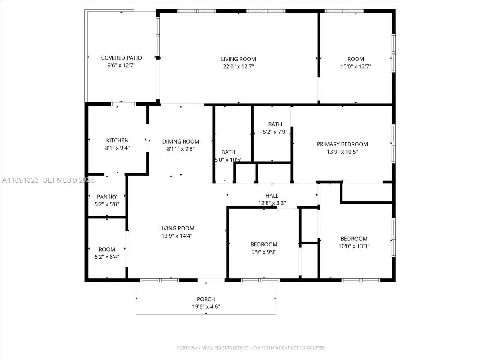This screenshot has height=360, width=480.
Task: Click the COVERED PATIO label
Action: click(121, 58)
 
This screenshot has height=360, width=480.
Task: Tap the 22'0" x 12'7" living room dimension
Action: click(238, 66)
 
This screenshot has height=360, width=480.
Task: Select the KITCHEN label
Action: click(117, 140)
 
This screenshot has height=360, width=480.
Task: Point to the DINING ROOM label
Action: click(181, 142)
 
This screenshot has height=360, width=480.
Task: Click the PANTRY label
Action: click(107, 197)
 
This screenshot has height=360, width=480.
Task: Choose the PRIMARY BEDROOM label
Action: click(342, 144)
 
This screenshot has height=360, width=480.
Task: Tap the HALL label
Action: click(272, 196)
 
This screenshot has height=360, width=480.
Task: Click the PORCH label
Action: click(206, 299)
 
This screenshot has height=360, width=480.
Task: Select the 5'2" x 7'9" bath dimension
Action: click(275, 132)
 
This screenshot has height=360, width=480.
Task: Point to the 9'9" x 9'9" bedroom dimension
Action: click(264, 252)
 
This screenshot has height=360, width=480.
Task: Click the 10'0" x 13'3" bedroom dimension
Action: click(354, 246)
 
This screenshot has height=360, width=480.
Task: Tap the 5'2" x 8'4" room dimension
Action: click(107, 257)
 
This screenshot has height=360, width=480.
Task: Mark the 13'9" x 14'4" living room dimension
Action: click(177, 236)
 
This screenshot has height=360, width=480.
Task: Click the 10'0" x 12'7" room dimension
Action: click(356, 66)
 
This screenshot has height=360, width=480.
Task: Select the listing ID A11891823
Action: click(20, 180)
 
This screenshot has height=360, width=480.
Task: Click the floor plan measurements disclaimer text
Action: click(251, 348)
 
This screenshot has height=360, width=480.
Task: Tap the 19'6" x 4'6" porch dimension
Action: click(206, 307)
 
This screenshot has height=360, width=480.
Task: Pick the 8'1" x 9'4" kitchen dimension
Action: click(117, 148)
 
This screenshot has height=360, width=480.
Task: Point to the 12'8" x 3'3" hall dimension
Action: click(272, 203)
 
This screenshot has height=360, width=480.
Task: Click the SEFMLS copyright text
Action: click(69, 180)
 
